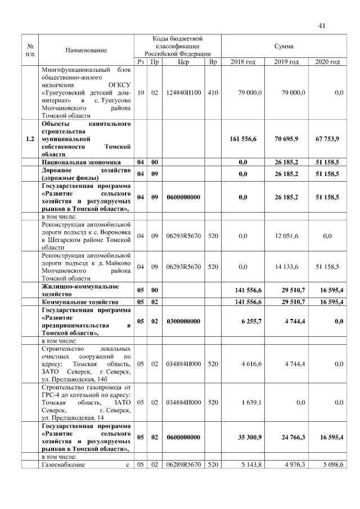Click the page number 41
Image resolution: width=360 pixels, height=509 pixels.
[322, 25]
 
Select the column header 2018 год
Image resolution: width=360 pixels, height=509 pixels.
[243, 61]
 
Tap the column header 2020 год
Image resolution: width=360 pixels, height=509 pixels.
[327, 61]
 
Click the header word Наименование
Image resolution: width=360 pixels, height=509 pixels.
[86, 50]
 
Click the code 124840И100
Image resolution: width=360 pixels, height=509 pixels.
[183, 92]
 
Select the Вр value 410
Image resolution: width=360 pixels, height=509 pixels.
[213, 92]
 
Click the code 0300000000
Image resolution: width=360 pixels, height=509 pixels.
[183, 321]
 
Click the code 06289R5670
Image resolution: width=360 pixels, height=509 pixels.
[183, 465]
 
